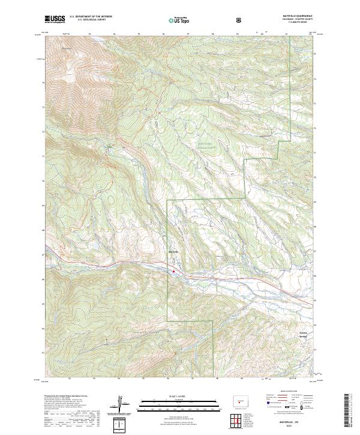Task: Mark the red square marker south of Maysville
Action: [x=174, y=271]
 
